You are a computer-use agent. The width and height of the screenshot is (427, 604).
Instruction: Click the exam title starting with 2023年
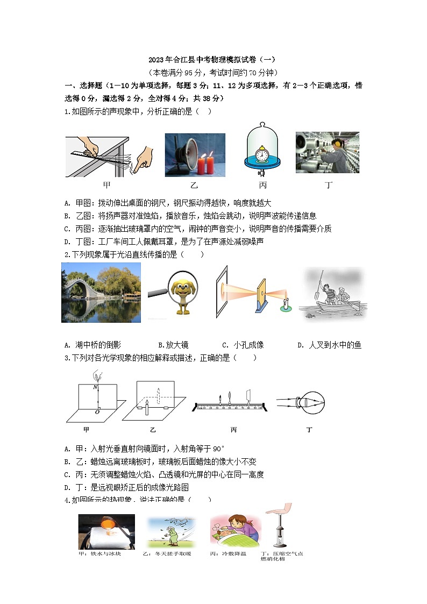click(213, 60)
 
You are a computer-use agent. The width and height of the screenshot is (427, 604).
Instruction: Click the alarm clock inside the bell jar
click(262, 154)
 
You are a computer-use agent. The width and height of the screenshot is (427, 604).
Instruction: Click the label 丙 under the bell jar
click(262, 186)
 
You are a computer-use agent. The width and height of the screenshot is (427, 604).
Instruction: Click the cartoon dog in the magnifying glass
click(182, 294)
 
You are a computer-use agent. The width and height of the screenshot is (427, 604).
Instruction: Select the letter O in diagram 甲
click(96, 412)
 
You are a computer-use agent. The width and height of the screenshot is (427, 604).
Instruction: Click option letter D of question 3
click(67, 488)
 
